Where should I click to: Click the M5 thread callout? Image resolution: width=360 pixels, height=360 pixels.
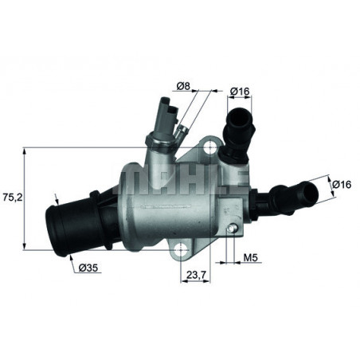250,257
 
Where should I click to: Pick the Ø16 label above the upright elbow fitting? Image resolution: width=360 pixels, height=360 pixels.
240,92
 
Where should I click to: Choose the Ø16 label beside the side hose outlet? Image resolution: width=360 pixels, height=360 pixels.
341,184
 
